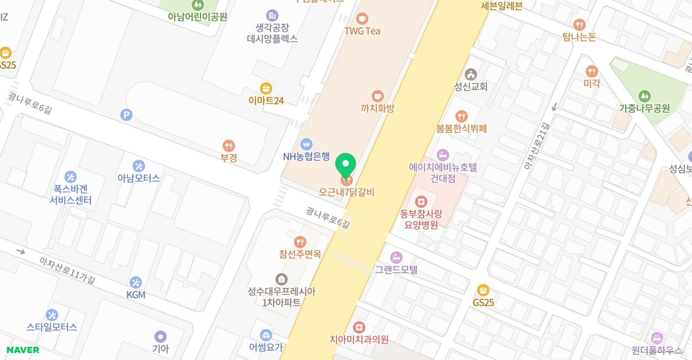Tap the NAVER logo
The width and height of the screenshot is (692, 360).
coord(23,350)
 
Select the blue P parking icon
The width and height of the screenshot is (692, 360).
coord(126,115)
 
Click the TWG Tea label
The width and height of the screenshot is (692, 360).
coord(362,31)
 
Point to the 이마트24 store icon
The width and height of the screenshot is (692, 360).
coord(266,88)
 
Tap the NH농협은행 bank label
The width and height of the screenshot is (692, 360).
coord(306,156)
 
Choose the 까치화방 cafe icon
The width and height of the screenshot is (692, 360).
coord(377,96)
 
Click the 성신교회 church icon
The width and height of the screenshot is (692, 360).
coord(471,74)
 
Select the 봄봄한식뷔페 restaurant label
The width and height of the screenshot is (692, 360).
coord(461,128)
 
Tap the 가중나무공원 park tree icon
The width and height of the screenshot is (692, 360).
coord(644,96)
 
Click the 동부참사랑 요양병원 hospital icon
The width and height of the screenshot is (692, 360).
coord(421,201)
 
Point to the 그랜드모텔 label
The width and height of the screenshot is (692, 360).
coord(396,269)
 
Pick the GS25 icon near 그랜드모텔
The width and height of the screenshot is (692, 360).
coord(483,290)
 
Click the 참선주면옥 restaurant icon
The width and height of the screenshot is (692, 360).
coord(300,242)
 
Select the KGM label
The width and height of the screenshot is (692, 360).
coord(136,295)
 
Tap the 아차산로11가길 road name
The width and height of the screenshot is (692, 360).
coord(67,270)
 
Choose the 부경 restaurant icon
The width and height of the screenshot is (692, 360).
coord(229,145)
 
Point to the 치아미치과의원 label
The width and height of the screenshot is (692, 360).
coord(359,340)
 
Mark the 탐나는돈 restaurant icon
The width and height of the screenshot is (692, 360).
coord(579,25)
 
